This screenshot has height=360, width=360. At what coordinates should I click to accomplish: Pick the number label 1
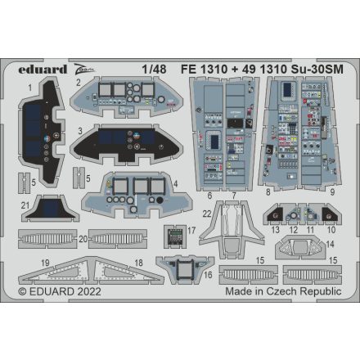tap(29, 85)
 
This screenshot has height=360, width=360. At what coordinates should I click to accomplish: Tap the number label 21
tap(26, 205)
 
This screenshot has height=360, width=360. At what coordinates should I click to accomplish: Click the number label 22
tap(208, 214)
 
